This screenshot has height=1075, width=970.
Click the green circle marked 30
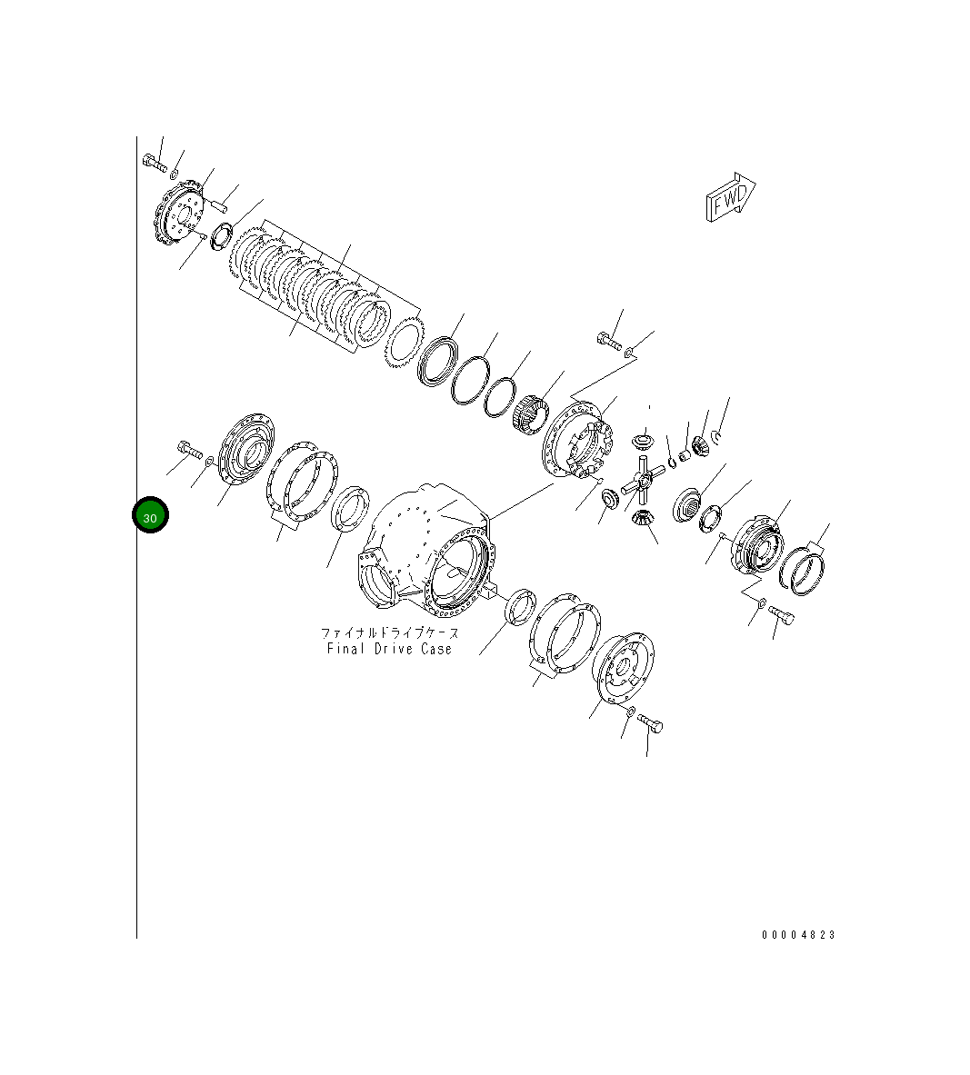(150, 516)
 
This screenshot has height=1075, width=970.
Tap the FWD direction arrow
(730, 197)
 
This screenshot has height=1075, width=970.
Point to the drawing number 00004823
(798, 934)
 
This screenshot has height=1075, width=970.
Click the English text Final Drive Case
(389, 649)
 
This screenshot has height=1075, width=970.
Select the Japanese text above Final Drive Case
(389, 632)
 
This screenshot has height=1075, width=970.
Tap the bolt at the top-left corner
(155, 164)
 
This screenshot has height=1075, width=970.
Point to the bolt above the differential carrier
(609, 342)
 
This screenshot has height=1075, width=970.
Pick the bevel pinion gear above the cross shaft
(643, 443)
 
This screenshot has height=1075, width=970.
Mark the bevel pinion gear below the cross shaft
(642, 520)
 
